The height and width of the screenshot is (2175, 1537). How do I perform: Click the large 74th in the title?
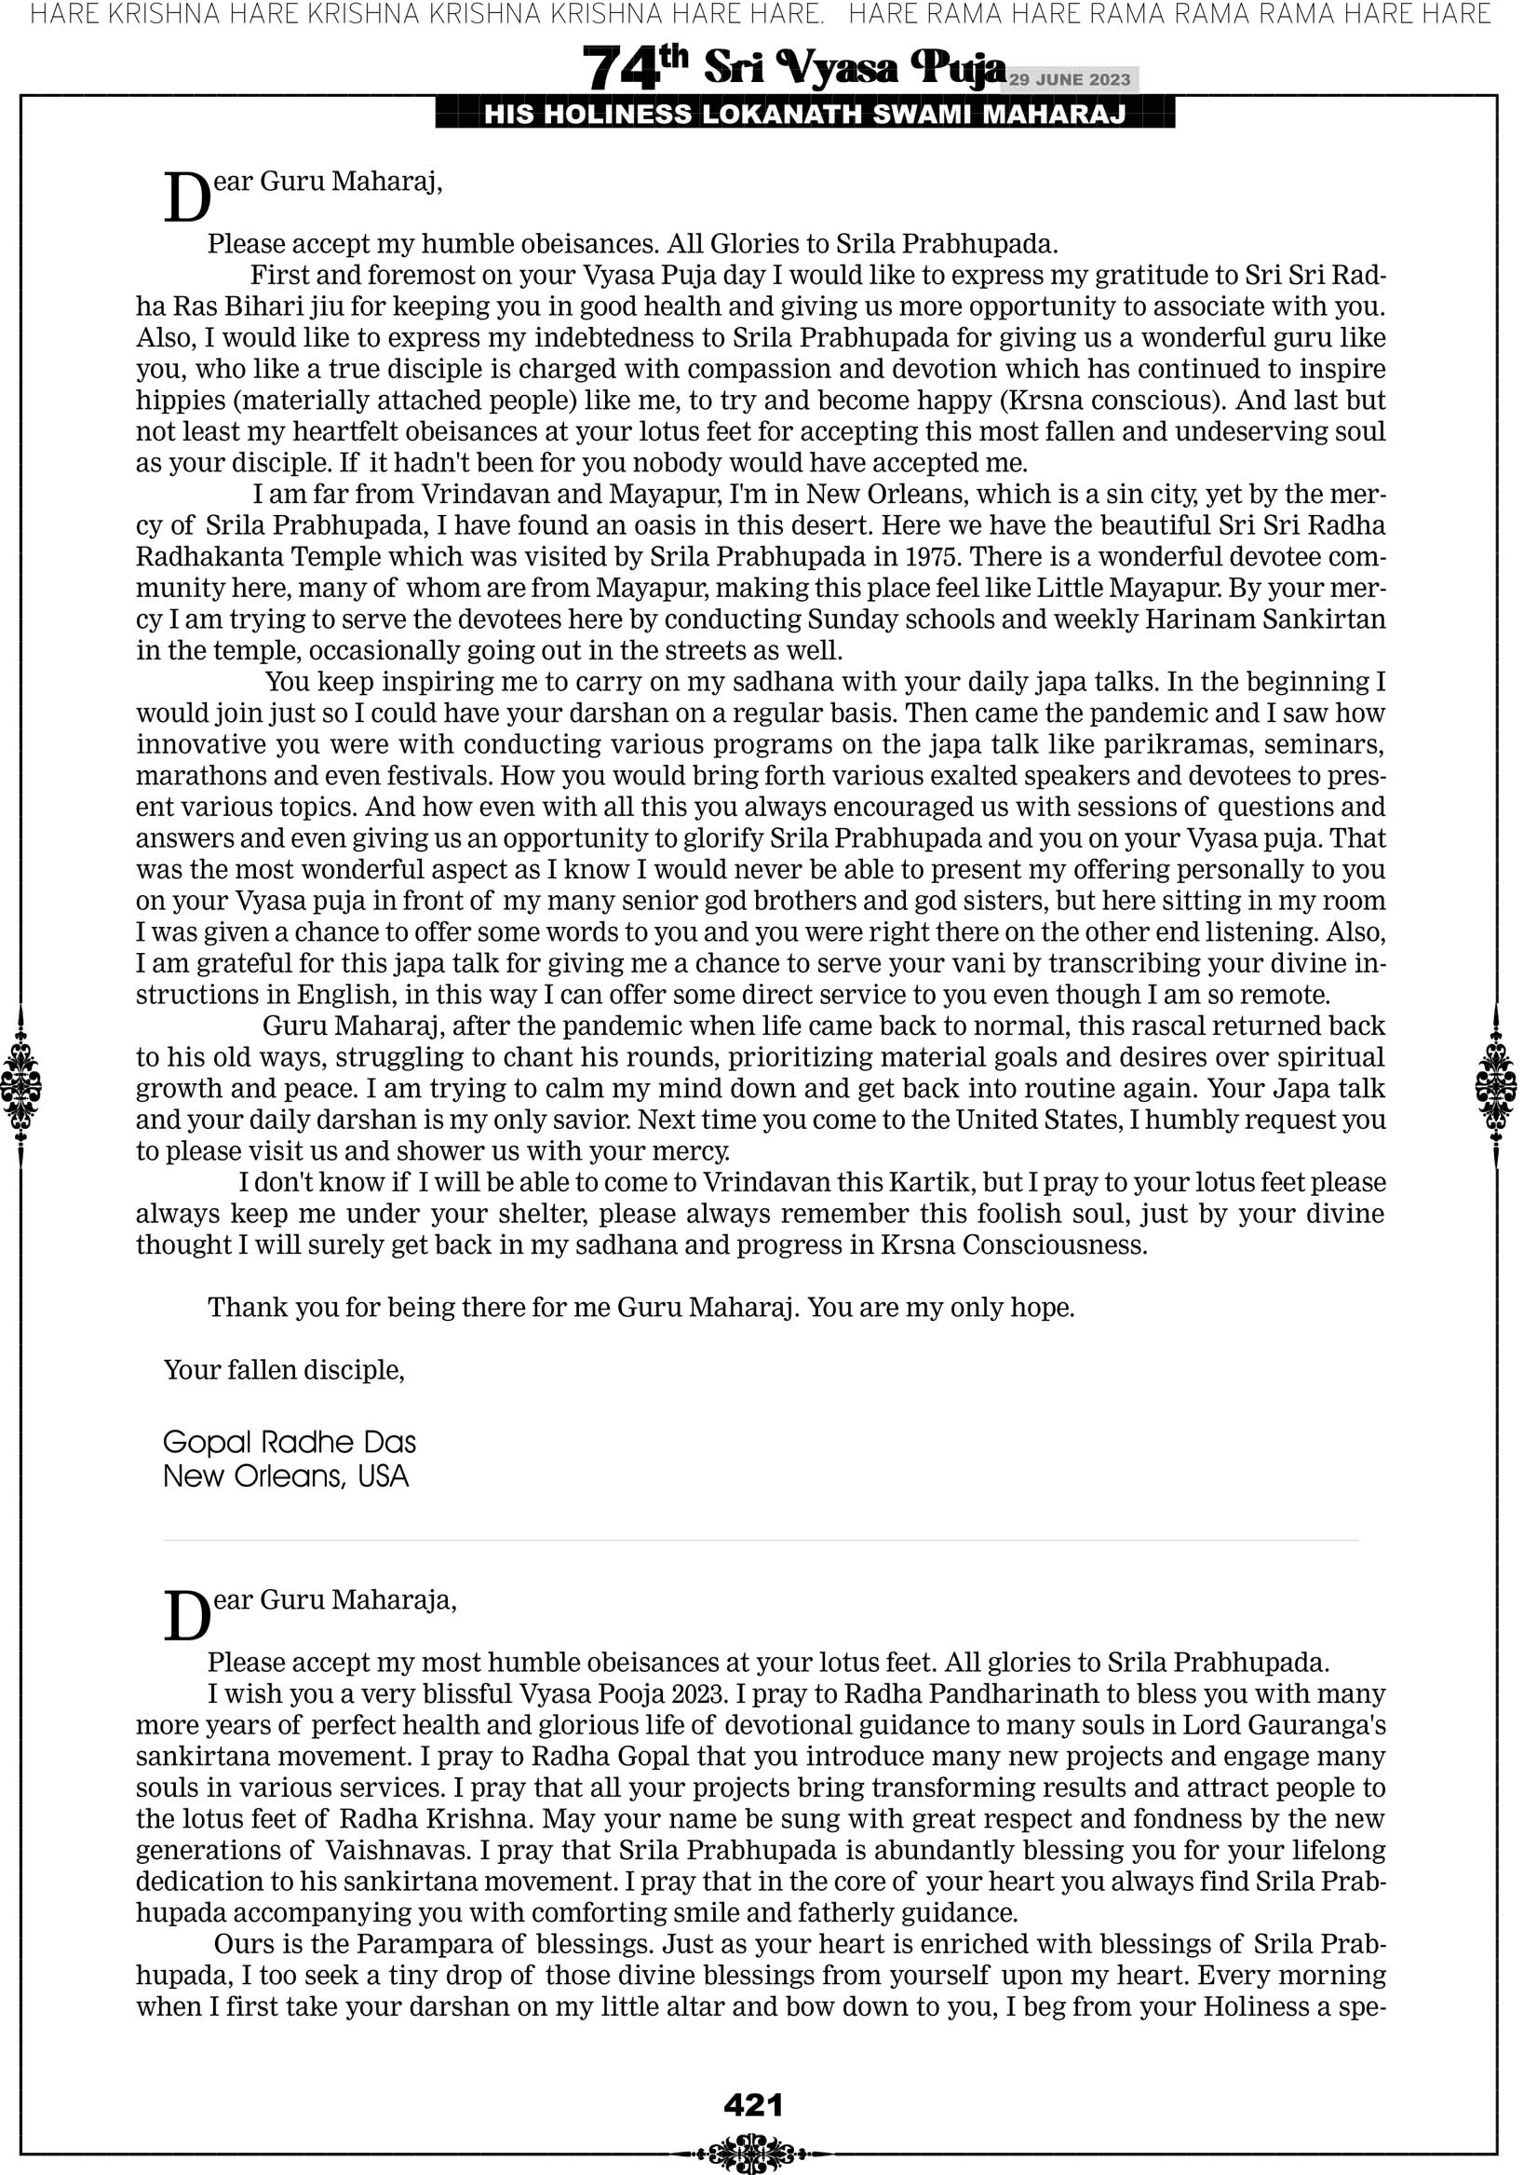tap(634, 68)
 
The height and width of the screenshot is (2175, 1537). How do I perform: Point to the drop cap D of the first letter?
tap(187, 198)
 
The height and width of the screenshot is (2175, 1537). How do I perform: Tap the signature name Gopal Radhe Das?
tap(289, 1442)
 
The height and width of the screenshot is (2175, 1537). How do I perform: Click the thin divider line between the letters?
tap(760, 1542)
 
